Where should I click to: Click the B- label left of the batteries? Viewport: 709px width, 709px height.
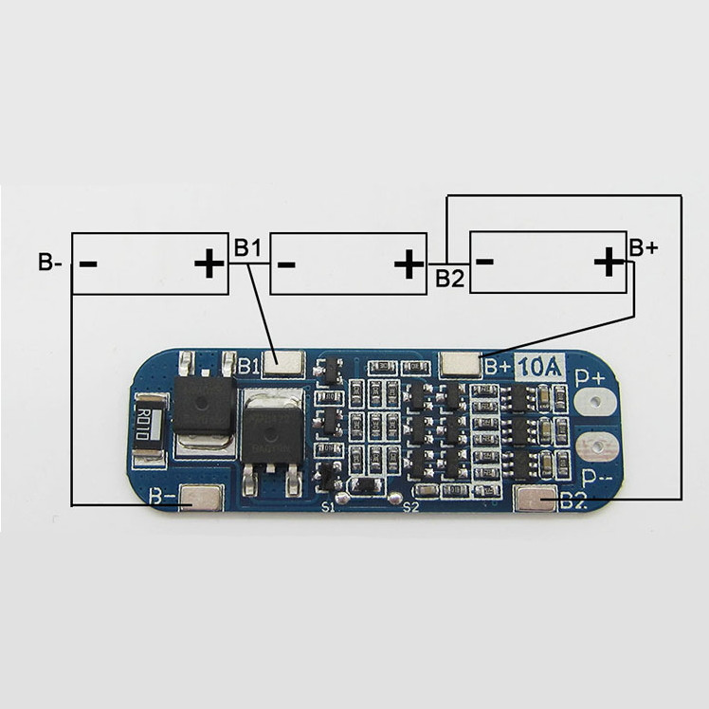tap(49, 263)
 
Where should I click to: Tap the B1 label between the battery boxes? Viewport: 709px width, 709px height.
tap(247, 248)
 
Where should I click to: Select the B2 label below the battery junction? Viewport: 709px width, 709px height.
tap(449, 279)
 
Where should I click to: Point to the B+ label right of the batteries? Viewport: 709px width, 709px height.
tap(644, 248)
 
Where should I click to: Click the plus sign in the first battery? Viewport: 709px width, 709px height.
tap(208, 264)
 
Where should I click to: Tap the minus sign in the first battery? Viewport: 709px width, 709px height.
tap(88, 263)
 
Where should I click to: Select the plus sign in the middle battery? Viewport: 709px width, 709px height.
tap(409, 264)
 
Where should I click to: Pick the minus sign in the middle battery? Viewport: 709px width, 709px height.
tap(287, 263)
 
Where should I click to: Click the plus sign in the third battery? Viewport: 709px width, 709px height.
tap(607, 263)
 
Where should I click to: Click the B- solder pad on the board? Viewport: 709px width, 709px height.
tap(201, 498)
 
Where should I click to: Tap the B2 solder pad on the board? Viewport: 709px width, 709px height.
tap(535, 500)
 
